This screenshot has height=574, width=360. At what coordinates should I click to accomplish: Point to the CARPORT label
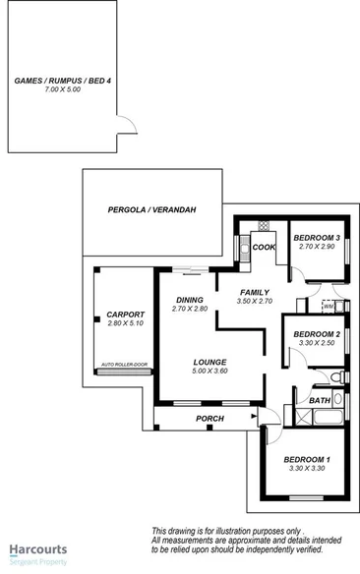125,315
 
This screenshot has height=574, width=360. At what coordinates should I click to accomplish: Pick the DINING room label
189,300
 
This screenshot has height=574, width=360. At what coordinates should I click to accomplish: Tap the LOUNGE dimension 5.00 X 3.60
210,371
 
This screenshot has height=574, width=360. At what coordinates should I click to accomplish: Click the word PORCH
210,419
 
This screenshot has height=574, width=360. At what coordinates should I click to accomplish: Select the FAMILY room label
256,292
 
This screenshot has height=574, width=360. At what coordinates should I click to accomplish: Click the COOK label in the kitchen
263,247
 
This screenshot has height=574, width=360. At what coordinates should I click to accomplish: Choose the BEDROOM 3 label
316,238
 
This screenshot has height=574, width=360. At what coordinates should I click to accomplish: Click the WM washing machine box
329,307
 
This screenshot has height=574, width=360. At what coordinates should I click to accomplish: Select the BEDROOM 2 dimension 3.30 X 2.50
316,343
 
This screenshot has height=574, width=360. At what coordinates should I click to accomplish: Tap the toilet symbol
336,377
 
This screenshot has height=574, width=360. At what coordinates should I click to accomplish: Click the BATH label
320,401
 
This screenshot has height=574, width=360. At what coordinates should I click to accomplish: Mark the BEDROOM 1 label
307,460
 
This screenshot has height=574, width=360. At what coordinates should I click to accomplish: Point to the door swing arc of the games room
129,128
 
